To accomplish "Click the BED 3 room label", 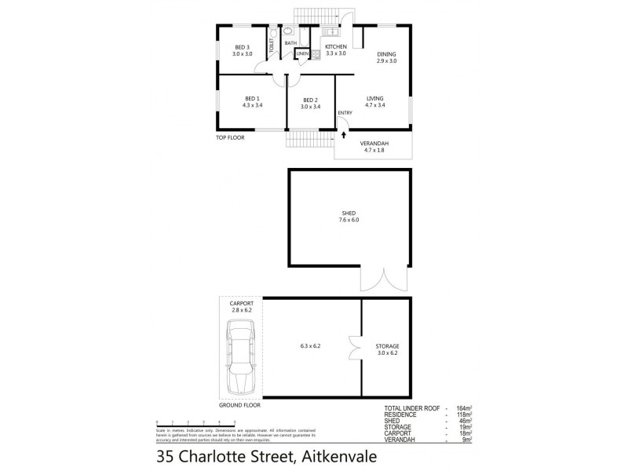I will pyautogui.click(x=242, y=47).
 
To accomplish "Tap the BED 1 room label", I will pyautogui.click(x=251, y=98).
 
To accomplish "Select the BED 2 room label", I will pyautogui.click(x=311, y=100).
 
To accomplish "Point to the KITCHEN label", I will pyautogui.click(x=336, y=47).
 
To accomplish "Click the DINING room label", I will pyautogui.click(x=386, y=53).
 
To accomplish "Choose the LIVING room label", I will pyautogui.click(x=375, y=98).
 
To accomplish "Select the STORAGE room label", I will pyautogui.click(x=387, y=346).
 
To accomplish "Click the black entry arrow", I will pyautogui.click(x=344, y=134).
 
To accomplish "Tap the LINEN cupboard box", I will pyautogui.click(x=302, y=53).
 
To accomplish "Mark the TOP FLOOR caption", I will pyautogui.click(x=231, y=137).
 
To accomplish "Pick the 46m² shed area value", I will pyautogui.click(x=464, y=422).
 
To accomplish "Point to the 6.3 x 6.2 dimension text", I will pyautogui.click(x=311, y=346).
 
